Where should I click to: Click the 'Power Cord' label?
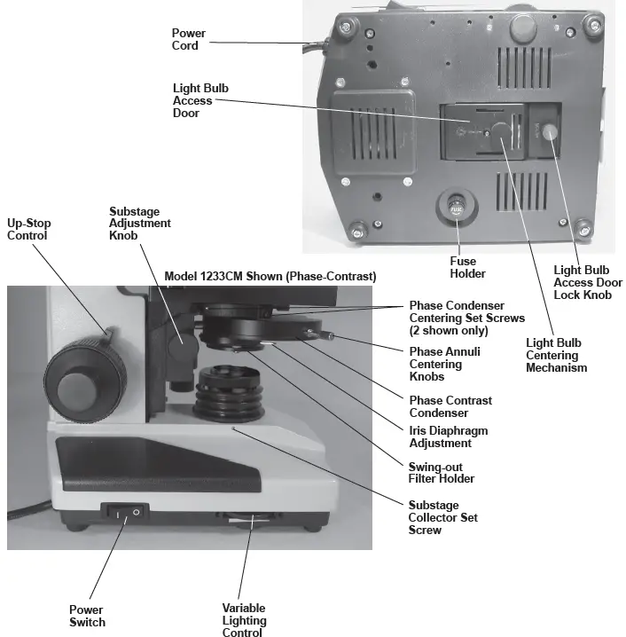[188, 39]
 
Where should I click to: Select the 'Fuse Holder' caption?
[463, 267]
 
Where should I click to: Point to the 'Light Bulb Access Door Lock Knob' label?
[587, 282]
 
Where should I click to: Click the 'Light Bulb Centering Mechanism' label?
[556, 355]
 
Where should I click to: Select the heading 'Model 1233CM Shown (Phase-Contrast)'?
[270, 277]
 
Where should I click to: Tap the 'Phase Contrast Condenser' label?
[450, 406]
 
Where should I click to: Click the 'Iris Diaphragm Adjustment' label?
[448, 436]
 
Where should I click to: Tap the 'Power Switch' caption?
[87, 616]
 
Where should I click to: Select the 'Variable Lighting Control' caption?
[244, 620]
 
